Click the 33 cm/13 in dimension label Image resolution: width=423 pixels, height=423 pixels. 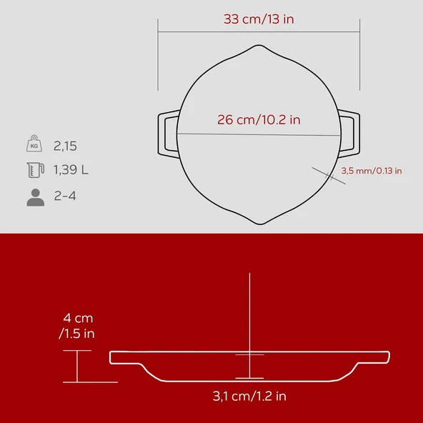(x=258, y=19)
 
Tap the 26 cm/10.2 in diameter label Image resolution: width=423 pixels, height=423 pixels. (x=259, y=120)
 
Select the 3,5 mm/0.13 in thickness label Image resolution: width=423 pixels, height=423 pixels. (x=371, y=171)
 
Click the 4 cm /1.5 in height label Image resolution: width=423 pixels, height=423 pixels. (x=77, y=325)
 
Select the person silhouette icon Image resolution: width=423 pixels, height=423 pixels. (x=35, y=196)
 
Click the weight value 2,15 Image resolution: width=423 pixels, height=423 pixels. (x=65, y=146)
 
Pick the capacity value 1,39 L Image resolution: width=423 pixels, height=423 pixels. (x=71, y=170)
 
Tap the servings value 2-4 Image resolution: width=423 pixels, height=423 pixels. (x=66, y=196)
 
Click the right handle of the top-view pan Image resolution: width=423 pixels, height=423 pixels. (x=349, y=133)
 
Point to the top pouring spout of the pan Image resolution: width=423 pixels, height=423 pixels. (x=259, y=48)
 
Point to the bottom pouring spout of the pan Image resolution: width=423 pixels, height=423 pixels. (x=259, y=219)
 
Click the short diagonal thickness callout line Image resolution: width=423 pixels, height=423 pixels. (x=329, y=176)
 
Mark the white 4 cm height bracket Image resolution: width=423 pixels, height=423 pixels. (x=77, y=367)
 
